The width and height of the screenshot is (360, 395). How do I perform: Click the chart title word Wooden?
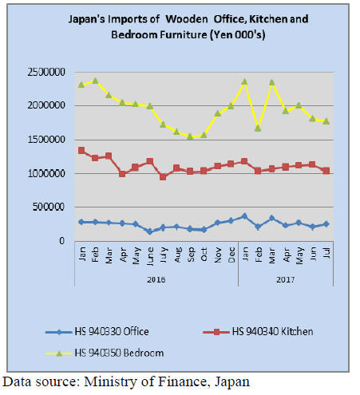(187, 19)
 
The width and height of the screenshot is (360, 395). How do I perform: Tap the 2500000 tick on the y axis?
(46, 72)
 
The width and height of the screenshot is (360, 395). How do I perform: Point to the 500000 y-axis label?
(49, 207)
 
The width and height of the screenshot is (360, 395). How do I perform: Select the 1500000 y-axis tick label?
(46, 140)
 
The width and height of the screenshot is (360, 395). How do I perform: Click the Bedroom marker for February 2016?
(95, 81)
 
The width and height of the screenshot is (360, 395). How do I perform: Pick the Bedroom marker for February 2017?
(258, 128)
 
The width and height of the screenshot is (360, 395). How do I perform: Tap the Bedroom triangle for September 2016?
(190, 136)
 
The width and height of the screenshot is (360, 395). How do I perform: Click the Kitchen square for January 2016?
(81, 151)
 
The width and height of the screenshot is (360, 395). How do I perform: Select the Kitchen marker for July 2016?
(163, 177)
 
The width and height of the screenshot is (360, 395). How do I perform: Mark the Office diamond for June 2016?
(149, 231)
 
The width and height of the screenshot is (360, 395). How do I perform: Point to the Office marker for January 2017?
(244, 216)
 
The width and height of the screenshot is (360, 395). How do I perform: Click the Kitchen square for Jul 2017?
(326, 171)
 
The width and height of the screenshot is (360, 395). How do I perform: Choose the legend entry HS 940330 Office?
(97, 332)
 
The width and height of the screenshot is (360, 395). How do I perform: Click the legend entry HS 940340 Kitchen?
(258, 332)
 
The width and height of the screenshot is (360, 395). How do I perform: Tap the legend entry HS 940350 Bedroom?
(105, 353)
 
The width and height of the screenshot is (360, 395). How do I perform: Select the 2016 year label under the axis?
(156, 279)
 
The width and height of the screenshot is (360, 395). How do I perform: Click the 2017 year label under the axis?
(286, 279)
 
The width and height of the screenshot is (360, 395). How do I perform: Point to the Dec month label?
(231, 255)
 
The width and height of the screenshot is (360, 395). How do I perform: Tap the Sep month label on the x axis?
(191, 255)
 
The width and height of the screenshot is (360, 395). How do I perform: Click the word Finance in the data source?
(182, 381)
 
